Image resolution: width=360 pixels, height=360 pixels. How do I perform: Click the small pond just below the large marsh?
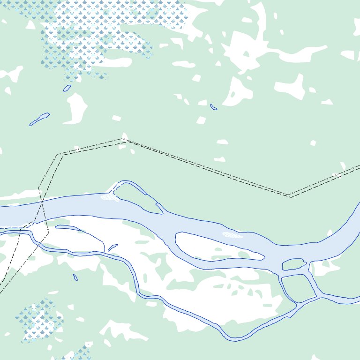tap(67, 88)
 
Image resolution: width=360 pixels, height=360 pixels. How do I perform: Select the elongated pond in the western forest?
tap(39, 119)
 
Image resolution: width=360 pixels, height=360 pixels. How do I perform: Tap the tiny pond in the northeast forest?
tap(214, 107)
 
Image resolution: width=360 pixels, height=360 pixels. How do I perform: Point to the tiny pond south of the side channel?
tap(75, 277)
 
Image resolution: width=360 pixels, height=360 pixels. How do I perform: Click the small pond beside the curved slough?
tap(113, 247)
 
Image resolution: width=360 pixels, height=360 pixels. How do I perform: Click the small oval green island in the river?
tap(294, 265)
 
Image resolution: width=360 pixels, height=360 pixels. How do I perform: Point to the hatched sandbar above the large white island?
tap(232, 235)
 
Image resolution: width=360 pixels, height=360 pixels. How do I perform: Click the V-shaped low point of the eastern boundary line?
tap(289, 196)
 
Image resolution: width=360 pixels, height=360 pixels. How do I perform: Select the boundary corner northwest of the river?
tap(59, 154)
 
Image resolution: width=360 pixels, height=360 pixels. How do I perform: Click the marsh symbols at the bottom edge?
tap(82, 352)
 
